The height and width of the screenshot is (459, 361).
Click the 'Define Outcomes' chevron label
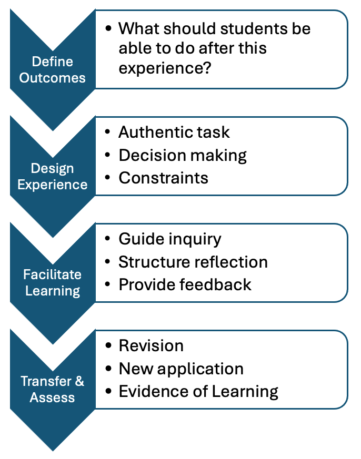53,70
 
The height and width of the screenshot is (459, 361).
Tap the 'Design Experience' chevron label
53,177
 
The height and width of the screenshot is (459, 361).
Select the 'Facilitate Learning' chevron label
53,283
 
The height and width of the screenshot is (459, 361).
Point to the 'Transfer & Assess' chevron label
53,389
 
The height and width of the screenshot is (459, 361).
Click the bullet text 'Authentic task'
174,132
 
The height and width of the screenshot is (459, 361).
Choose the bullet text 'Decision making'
183,156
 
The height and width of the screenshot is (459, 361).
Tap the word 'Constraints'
164,178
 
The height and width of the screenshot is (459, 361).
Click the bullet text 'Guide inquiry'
170,239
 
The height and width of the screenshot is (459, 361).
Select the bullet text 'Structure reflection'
193,262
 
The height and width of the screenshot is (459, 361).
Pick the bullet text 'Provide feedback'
185,284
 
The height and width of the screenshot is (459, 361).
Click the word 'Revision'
151,346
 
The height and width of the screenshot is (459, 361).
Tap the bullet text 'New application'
181,369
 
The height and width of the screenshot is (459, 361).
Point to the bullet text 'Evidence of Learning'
198,392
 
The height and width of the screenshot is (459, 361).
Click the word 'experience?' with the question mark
165,68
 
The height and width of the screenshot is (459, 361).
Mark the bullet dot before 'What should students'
108,28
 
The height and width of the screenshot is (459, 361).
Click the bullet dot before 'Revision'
108,345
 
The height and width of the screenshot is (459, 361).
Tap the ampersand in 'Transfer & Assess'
79,381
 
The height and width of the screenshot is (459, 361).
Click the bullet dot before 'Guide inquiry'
107,239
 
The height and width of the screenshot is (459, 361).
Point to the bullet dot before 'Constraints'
107,178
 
